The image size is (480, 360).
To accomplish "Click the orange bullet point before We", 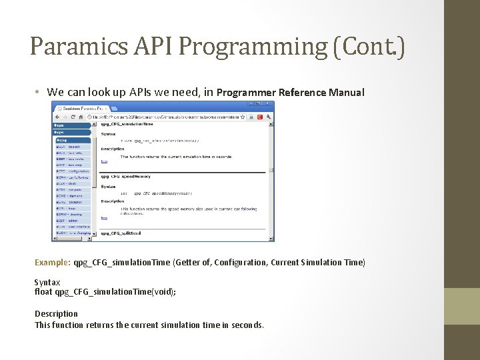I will click(39, 92).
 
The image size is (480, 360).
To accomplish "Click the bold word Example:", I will click(53, 263).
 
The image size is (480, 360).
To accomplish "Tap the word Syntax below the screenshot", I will click(47, 283).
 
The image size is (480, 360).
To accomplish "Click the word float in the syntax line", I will click(43, 292).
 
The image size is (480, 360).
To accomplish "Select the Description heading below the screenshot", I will click(56, 313).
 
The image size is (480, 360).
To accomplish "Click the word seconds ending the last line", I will click(246, 325).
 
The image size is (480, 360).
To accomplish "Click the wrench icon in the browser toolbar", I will click(269, 117).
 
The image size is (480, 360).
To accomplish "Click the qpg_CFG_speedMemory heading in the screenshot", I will click(126, 177).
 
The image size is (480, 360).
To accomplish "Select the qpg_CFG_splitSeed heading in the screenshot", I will click(122, 233).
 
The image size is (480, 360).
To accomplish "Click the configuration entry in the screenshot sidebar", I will click(73, 171).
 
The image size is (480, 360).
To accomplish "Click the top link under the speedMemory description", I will click(104, 217).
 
